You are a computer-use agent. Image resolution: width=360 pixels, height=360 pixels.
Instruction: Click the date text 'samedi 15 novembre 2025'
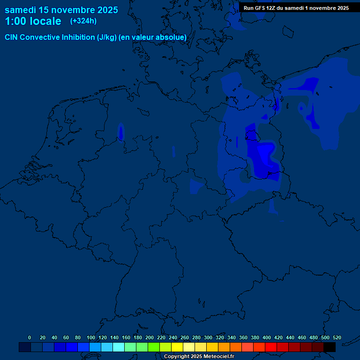(x=61, y=10)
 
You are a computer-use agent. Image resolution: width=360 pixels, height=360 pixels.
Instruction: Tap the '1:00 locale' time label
(x=33, y=21)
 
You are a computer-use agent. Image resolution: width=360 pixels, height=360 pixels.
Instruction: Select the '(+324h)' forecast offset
(x=83, y=21)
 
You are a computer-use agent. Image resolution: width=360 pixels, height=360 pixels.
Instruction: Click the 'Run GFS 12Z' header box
(x=296, y=8)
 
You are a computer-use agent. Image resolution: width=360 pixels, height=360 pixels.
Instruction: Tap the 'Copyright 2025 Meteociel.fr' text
(x=199, y=356)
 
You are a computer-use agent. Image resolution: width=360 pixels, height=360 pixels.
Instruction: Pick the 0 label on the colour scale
(x=30, y=337)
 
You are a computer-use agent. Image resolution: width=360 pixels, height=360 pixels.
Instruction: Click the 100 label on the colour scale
(x=91, y=337)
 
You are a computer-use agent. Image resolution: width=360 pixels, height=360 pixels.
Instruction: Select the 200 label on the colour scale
(x=150, y=337)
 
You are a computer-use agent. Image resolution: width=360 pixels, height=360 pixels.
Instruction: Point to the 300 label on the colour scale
(x=208, y=337)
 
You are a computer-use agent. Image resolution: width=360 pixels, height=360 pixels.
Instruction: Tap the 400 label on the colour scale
(x=267, y=337)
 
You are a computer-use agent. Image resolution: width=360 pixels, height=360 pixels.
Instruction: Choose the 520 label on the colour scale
(x=337, y=337)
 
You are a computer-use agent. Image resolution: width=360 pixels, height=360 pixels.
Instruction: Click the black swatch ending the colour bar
(x=330, y=347)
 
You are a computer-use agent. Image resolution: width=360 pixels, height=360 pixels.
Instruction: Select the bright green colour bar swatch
(x=154, y=347)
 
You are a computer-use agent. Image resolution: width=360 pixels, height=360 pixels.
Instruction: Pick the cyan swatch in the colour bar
(x=119, y=347)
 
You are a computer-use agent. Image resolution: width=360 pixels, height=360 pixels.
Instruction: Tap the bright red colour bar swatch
(x=271, y=347)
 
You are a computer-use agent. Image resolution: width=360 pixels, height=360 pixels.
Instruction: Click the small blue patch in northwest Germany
(x=120, y=132)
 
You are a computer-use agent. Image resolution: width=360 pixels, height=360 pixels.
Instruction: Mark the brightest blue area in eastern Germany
(x=265, y=155)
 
